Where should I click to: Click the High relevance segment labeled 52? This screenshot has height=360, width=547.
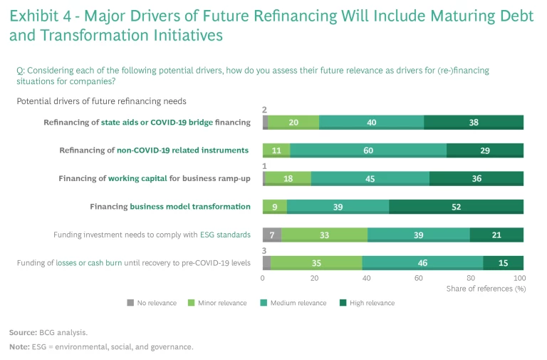coord(457,207)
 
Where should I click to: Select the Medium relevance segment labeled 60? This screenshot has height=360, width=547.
coord(368,150)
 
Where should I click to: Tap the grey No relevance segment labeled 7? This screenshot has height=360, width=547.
coord(272,235)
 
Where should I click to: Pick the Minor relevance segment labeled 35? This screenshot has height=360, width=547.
coord(316,262)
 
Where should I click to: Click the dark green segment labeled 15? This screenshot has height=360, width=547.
coord(503,262)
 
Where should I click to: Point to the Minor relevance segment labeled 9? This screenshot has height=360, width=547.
coord(275,207)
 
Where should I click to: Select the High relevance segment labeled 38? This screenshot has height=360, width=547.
coord(474,122)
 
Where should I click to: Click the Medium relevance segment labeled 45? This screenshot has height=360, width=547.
coord(370,178)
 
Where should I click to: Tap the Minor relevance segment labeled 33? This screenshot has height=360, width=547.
coord(324,235)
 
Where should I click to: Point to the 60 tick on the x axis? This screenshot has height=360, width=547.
coord(419,277)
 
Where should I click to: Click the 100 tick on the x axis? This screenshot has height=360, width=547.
coord(519,277)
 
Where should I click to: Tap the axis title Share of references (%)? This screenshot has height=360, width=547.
coord(486,289)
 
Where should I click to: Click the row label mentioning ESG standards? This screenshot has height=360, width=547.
coord(152,235)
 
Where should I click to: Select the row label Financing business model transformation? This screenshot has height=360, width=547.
coord(170,207)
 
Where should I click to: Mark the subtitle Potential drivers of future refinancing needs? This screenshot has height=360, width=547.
coord(101,102)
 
